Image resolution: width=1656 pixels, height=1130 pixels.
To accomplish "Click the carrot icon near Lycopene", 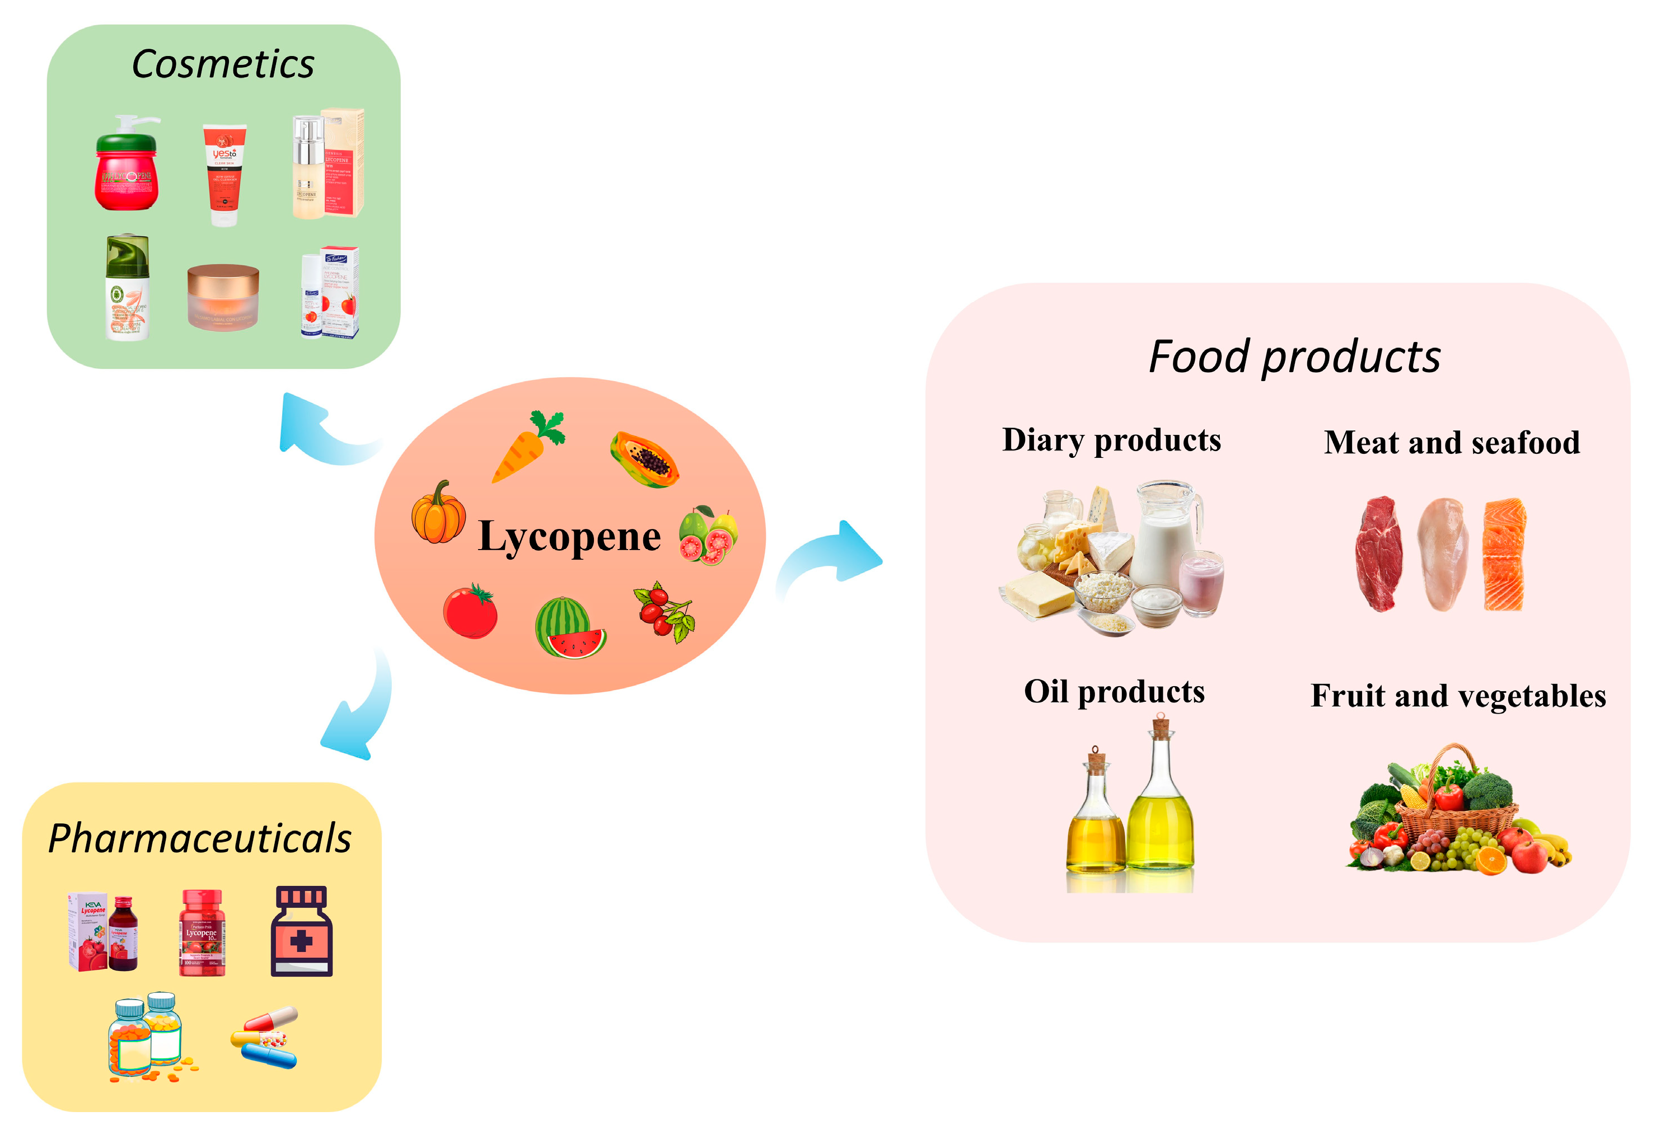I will click(x=524, y=449).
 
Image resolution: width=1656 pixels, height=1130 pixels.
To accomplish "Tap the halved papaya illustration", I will click(x=643, y=459).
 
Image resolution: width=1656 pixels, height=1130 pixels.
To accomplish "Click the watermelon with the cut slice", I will click(x=568, y=629).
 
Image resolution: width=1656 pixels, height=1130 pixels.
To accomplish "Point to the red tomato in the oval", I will click(x=470, y=611).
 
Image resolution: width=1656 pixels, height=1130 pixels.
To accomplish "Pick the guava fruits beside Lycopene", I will click(x=708, y=536).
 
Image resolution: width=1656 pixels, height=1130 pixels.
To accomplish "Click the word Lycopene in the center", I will click(x=569, y=537).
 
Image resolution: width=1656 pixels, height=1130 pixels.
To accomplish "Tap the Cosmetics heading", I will click(x=222, y=64).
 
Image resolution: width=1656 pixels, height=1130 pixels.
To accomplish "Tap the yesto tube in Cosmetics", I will click(x=224, y=175).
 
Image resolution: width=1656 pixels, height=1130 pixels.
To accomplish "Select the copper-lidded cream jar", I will click(x=222, y=297).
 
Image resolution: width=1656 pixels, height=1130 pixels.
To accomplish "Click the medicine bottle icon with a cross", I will click(x=301, y=932).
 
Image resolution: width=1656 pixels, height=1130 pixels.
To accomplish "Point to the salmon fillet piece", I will click(x=1504, y=554).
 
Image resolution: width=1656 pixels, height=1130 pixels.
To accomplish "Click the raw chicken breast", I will click(x=1442, y=554).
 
